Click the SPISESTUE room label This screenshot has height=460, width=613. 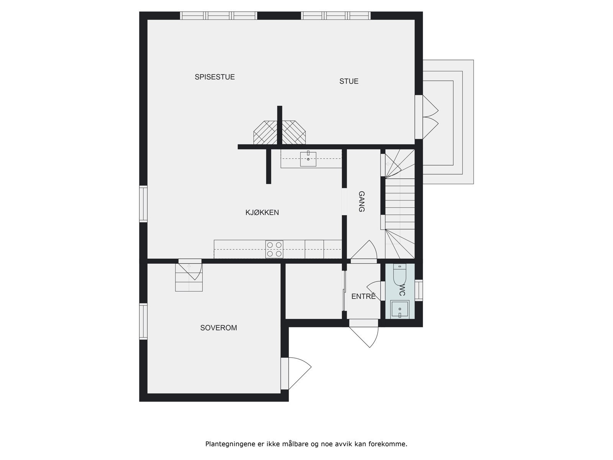[x=215, y=77]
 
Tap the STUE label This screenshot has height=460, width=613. [x=349, y=81]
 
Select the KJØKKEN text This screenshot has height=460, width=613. [x=262, y=212]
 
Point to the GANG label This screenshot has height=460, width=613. [x=361, y=202]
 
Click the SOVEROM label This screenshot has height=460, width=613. [x=218, y=328]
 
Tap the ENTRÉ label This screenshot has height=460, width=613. [x=363, y=296]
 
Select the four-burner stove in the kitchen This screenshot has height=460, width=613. [x=274, y=249]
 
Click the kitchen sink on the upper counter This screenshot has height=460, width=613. [x=308, y=159]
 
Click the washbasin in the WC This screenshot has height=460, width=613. [x=400, y=309]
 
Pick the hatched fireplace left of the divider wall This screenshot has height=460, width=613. [x=265, y=133]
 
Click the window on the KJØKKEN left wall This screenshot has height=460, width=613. [x=143, y=204]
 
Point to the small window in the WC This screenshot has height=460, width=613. [x=419, y=290]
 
